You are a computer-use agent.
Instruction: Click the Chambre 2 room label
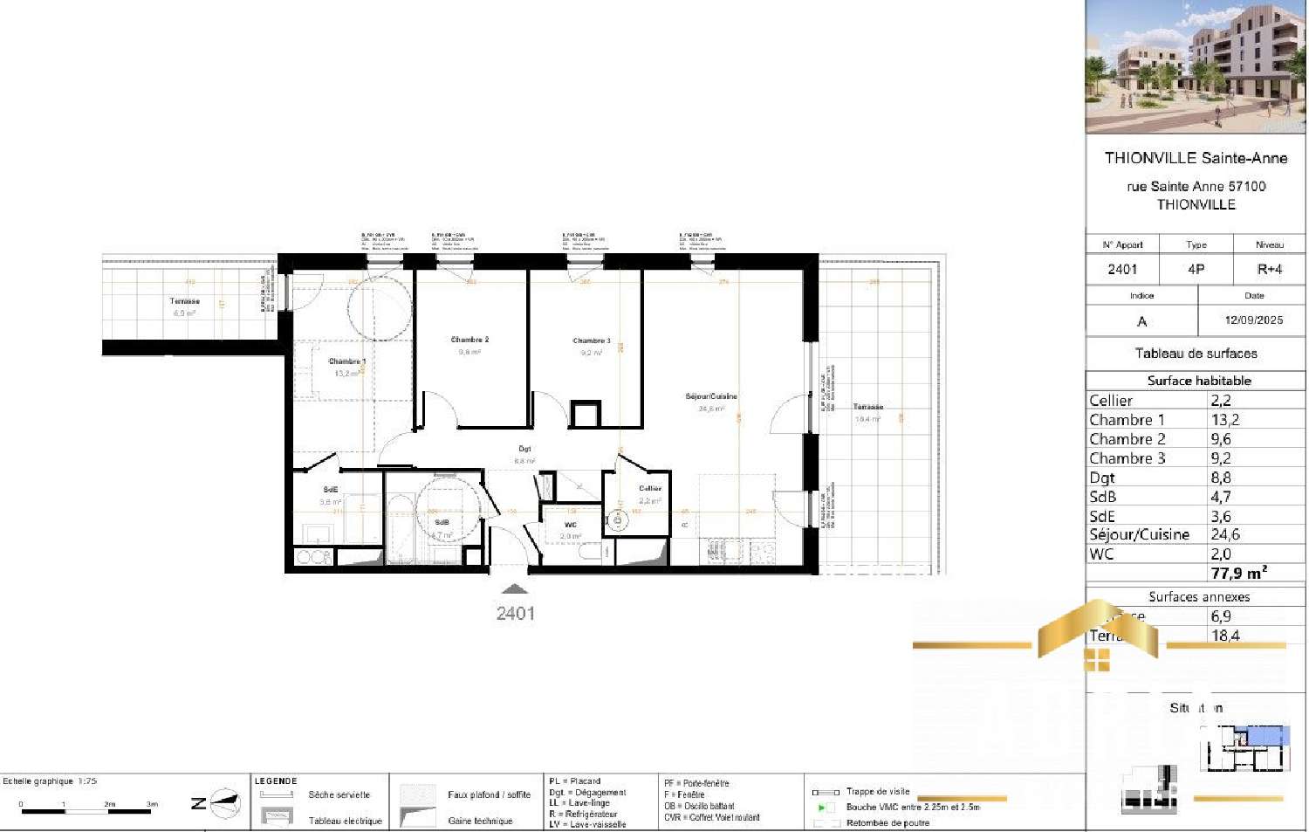[x=469, y=340]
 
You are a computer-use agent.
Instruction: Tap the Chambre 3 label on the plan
[x=591, y=340]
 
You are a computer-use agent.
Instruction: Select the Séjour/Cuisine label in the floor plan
[x=710, y=396]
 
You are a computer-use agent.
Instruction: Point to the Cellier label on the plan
[x=649, y=489]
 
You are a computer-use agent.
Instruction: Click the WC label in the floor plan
[x=570, y=525]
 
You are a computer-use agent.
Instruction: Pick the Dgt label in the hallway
[x=524, y=449]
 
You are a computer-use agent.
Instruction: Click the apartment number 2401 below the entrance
[x=515, y=614]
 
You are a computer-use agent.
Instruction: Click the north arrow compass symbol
[x=225, y=803]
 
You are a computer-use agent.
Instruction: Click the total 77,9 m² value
[x=1238, y=574]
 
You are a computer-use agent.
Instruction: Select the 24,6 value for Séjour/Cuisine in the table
[x=1225, y=534]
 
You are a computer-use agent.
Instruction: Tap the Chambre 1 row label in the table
[x=1127, y=420]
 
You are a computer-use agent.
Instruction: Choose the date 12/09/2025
[x=1253, y=320]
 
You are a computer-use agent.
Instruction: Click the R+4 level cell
[x=1269, y=269]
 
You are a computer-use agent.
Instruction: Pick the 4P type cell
[x=1196, y=269]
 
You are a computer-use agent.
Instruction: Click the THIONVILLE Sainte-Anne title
[x=1196, y=158]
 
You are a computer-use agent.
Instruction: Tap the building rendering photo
[x=1196, y=67]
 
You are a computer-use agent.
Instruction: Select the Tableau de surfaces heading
[x=1196, y=354]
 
